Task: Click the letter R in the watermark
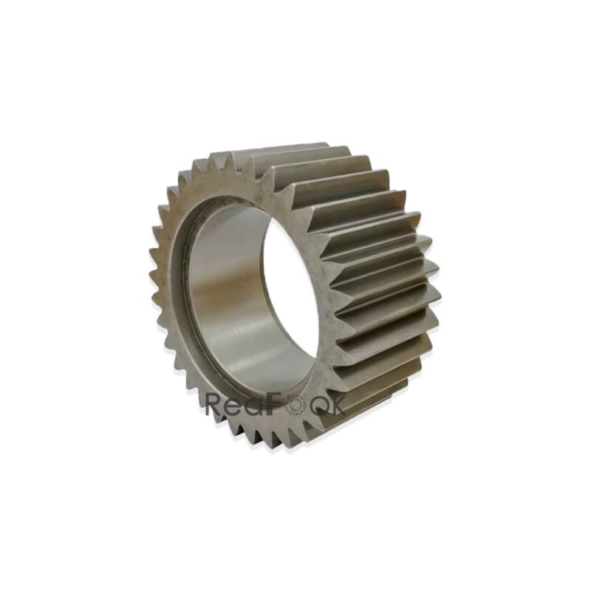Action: (215, 403)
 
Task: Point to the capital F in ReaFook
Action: (276, 403)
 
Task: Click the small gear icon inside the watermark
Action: (295, 406)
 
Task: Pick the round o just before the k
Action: (316, 406)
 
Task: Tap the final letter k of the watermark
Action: (336, 403)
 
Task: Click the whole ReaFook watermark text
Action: (275, 404)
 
